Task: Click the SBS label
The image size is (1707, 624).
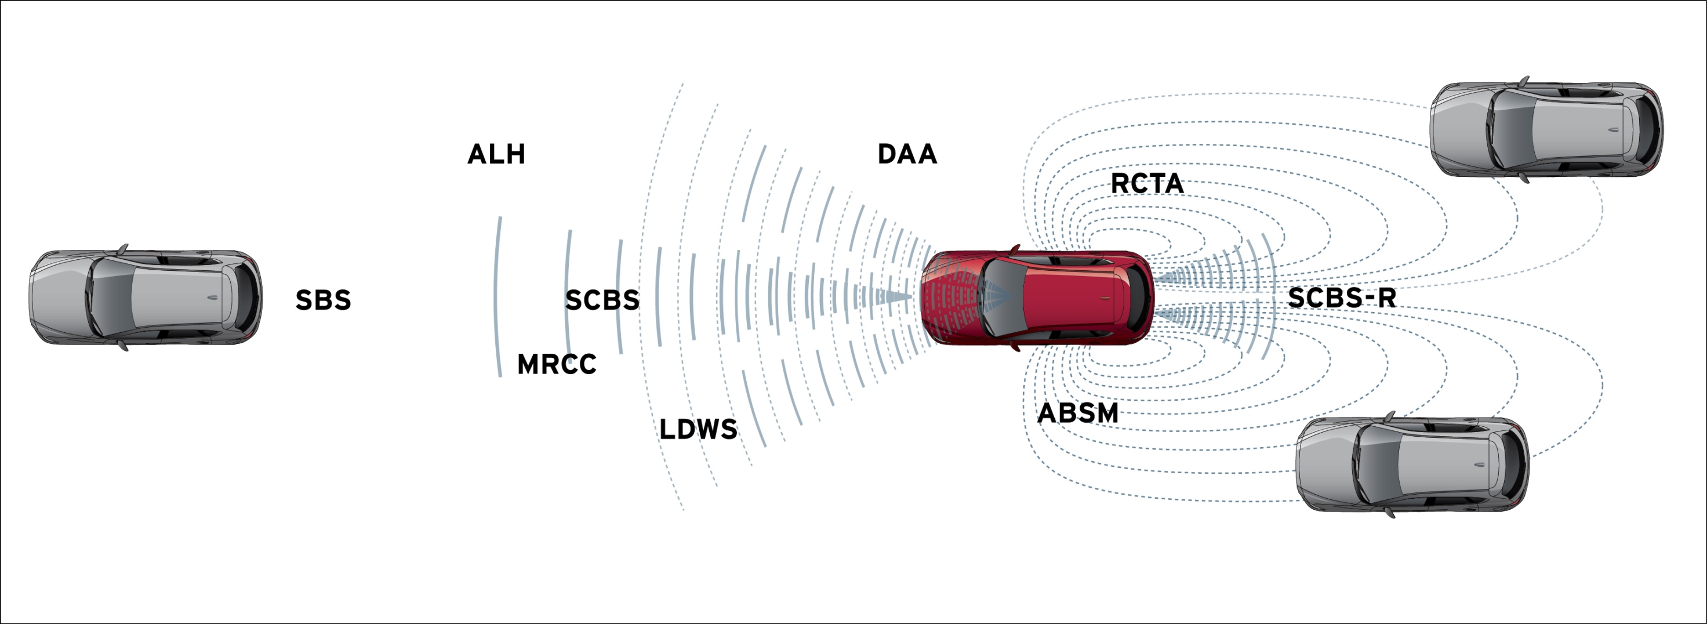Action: [323, 300]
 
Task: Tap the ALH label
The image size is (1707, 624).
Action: [496, 154]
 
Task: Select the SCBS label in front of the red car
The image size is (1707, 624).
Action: [602, 300]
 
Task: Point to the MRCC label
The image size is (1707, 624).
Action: [557, 364]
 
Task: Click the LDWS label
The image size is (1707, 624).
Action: [699, 430]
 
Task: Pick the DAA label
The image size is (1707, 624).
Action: [907, 154]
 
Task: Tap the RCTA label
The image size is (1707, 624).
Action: [1147, 183]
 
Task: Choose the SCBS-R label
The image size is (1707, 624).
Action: [1342, 298]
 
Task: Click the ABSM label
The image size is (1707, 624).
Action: [1077, 413]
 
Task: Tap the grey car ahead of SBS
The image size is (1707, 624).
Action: [146, 298]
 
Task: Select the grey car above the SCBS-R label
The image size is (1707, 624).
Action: [1546, 129]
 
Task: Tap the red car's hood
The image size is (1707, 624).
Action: [951, 298]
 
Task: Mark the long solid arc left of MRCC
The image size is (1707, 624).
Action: [496, 297]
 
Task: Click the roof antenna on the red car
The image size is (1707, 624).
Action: [1105, 299]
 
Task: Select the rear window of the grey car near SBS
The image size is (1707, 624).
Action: [245, 298]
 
